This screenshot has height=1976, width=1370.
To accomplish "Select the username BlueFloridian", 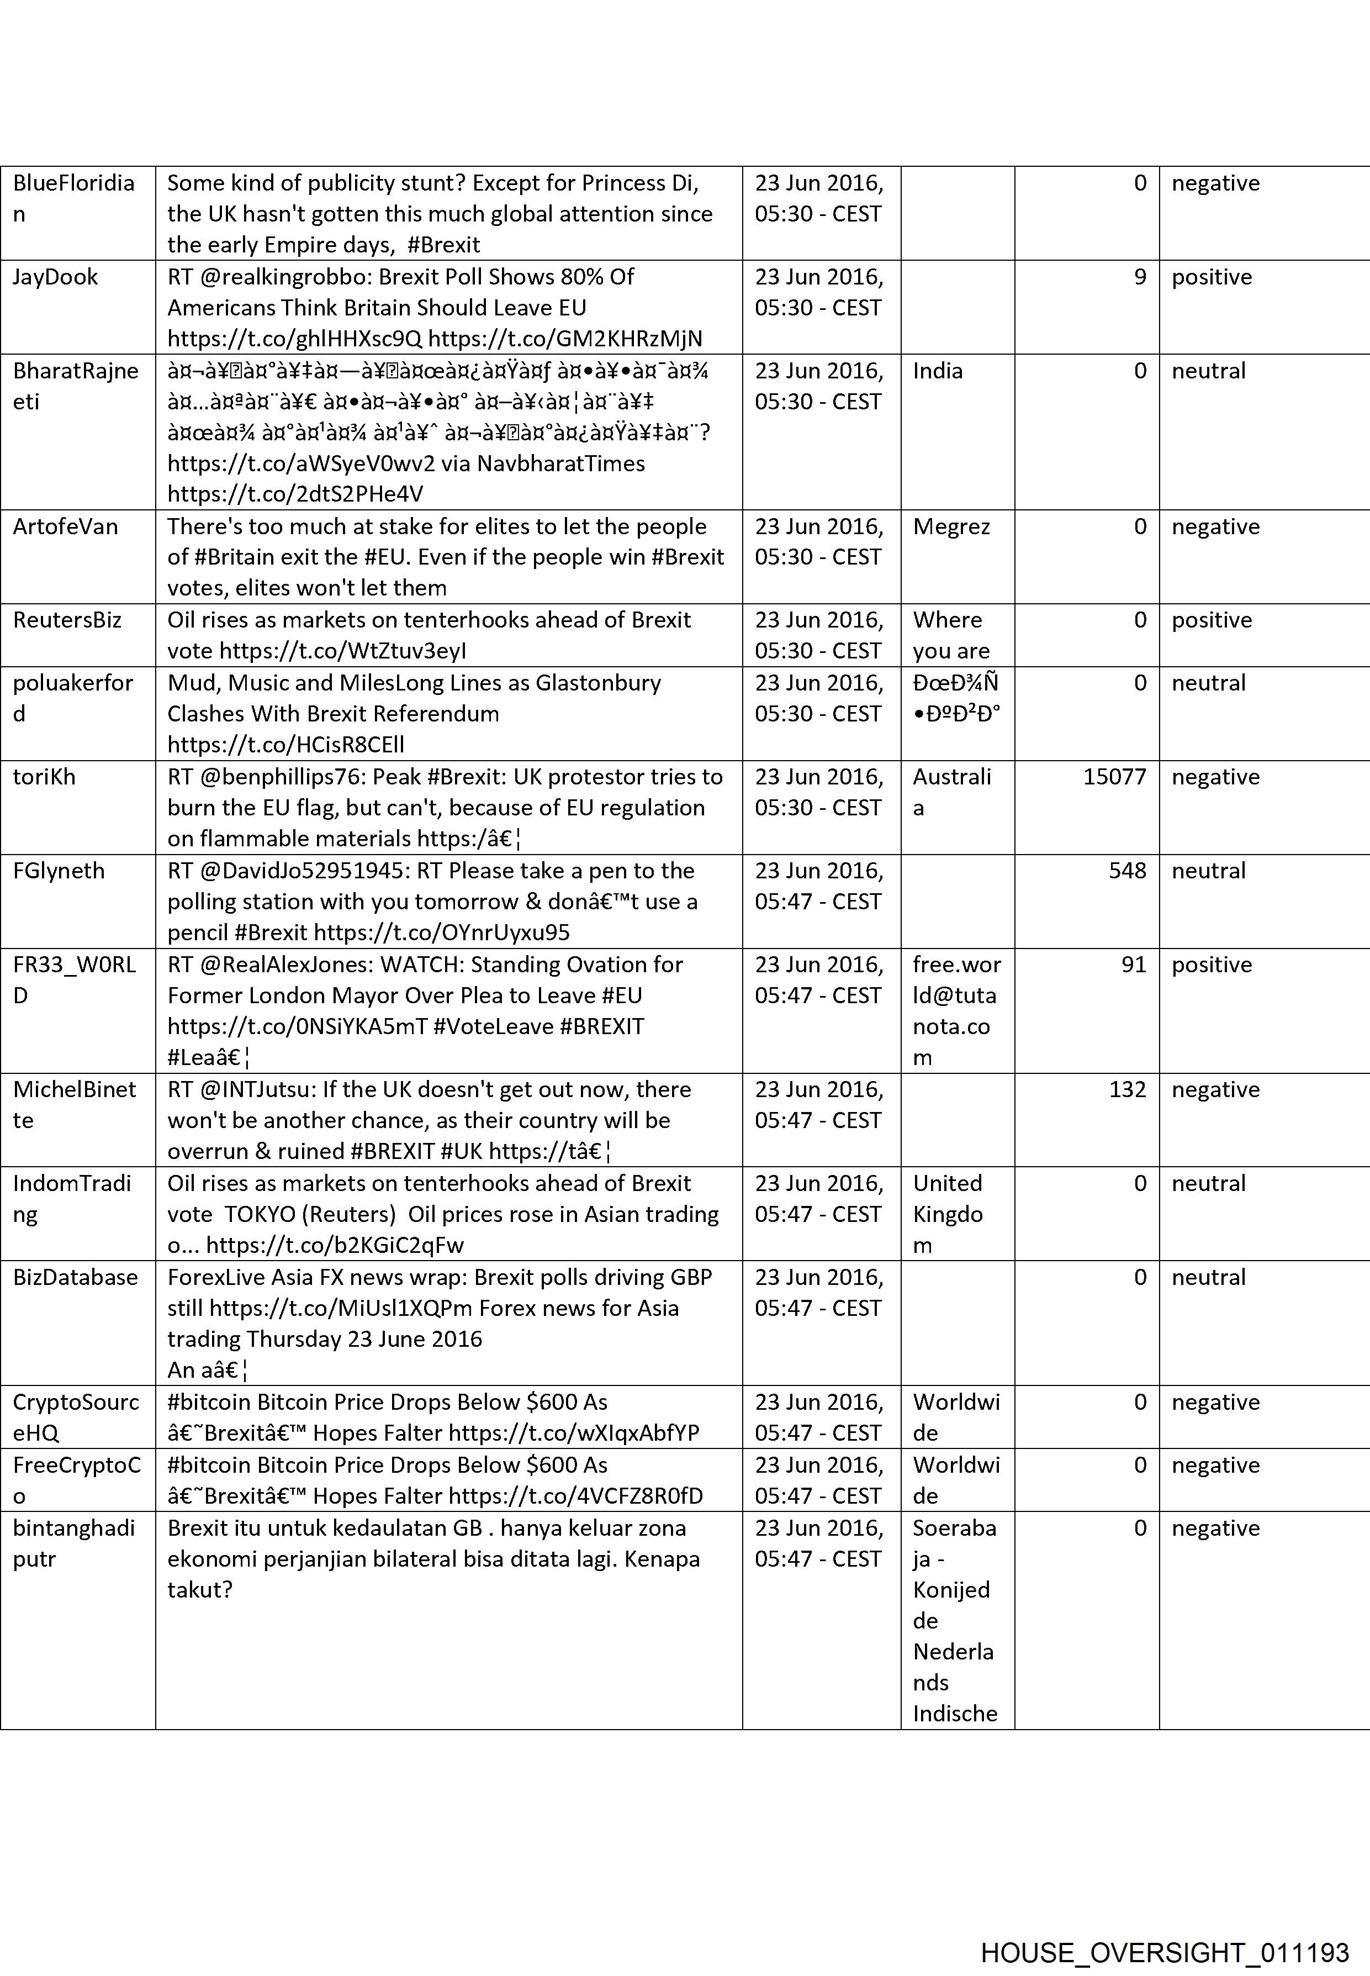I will click(74, 198).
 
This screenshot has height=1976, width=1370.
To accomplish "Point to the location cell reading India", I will click(938, 371).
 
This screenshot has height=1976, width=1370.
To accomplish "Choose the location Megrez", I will click(951, 526).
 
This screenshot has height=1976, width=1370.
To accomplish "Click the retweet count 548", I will click(1127, 871).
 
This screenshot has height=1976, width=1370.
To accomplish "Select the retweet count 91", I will click(1133, 965).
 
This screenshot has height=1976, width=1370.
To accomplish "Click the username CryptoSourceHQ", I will click(76, 1417).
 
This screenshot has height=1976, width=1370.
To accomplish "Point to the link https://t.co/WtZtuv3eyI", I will click(342, 651).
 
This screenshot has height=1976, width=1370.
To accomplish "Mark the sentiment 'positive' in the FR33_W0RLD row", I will click(1211, 965).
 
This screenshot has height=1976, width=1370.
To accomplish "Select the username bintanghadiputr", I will click(74, 1543).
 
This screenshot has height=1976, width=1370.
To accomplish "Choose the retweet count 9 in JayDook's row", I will click(1139, 277).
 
